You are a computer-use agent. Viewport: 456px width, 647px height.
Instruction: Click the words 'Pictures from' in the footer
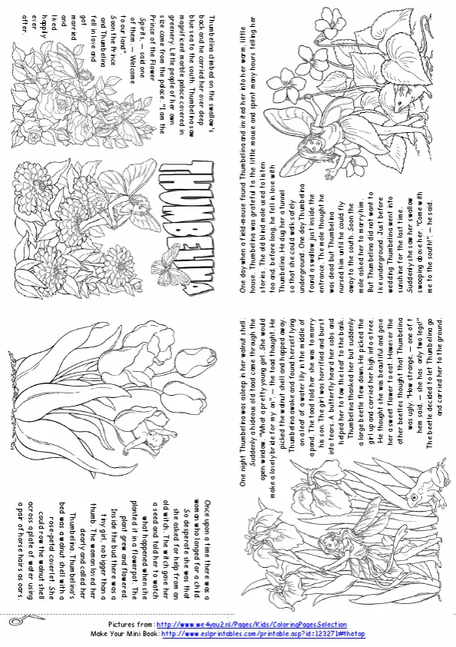(x=129, y=624)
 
